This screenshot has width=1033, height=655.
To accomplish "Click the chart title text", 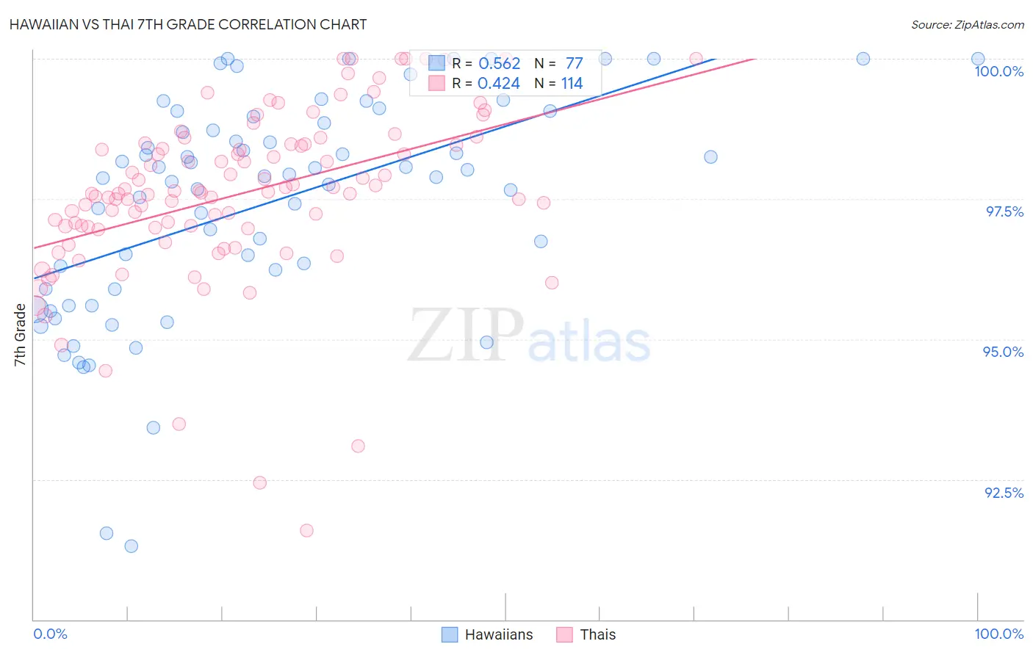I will point(188,24).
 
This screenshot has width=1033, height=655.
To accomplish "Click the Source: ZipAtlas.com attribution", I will point(967,24).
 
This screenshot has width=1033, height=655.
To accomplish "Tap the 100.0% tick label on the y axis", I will point(998,71).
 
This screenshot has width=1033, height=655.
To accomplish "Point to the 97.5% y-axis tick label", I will point(1004,211).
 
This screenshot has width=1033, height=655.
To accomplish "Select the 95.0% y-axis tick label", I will point(1003,352).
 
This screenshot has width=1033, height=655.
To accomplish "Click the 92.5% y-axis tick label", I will point(1004,493).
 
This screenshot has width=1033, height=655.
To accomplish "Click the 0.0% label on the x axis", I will point(50,634).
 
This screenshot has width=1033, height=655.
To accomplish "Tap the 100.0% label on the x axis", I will point(998,634).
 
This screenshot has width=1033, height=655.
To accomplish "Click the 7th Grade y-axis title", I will point(20,335).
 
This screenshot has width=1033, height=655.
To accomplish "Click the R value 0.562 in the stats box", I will point(499,64).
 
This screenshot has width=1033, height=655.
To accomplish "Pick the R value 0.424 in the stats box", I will point(499,84).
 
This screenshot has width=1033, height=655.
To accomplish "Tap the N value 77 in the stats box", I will point(574,64).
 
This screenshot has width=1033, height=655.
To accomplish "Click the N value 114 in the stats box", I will point(572,84).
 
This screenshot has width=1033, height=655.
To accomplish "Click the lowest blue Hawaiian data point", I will point(132,546).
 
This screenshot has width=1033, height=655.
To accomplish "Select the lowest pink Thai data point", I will point(306,530).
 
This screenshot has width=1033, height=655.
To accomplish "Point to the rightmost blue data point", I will point(978,59).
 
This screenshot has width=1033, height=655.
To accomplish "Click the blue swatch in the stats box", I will point(437,64).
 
